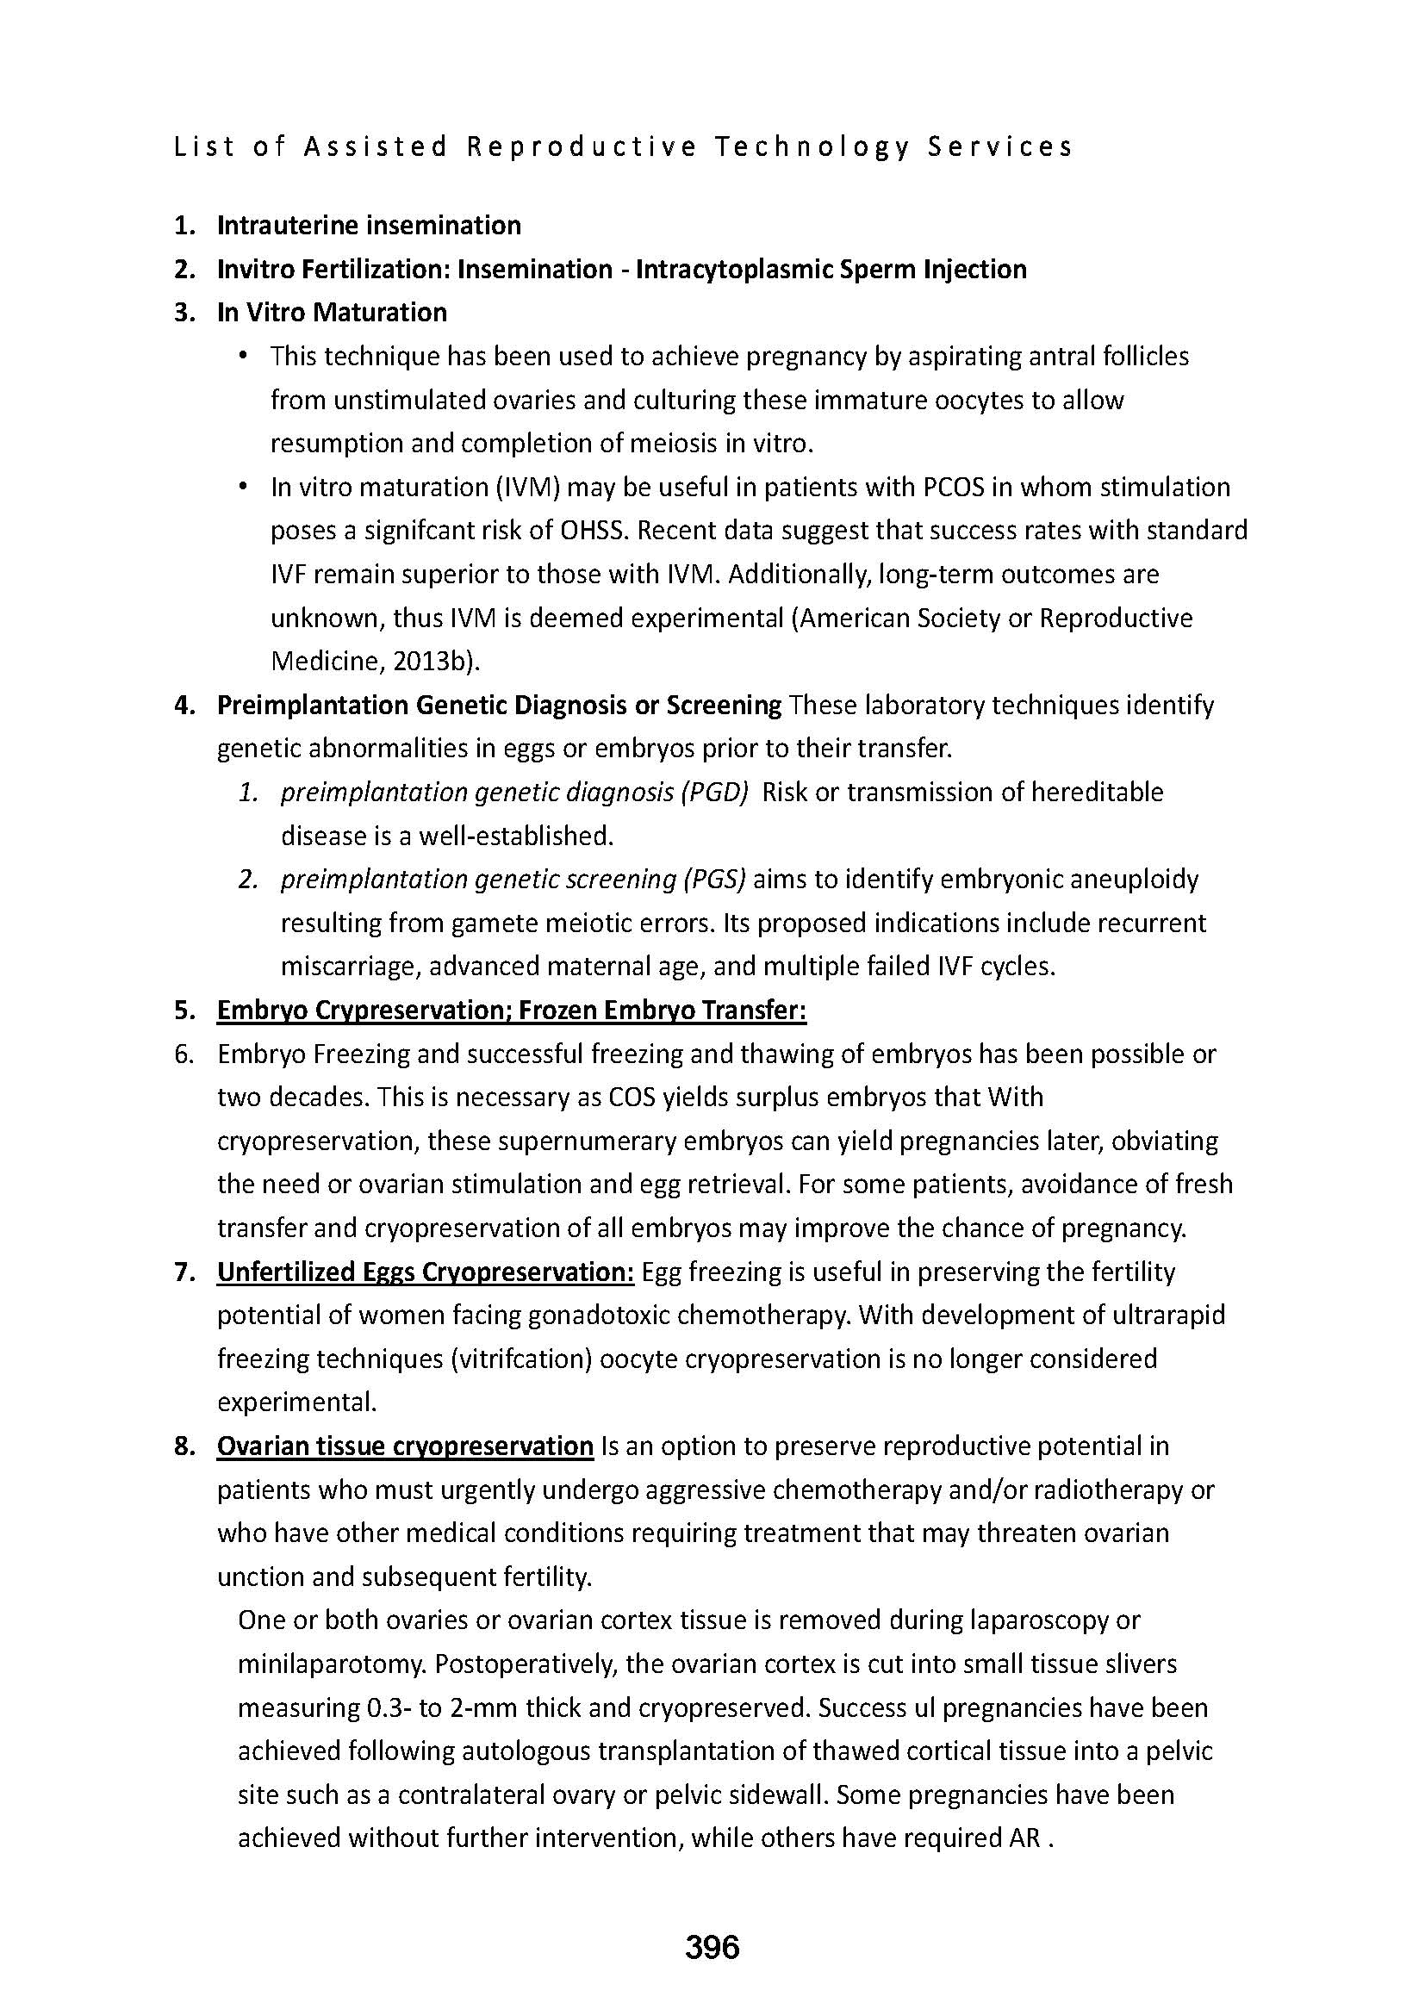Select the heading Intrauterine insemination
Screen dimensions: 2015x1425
369,226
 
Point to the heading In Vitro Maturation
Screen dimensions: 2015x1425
332,313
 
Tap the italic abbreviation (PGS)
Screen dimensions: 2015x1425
712,880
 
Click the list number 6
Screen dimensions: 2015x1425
184,1054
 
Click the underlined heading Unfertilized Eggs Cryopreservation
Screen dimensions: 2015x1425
425,1272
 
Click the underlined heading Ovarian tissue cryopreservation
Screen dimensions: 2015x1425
405,1446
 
